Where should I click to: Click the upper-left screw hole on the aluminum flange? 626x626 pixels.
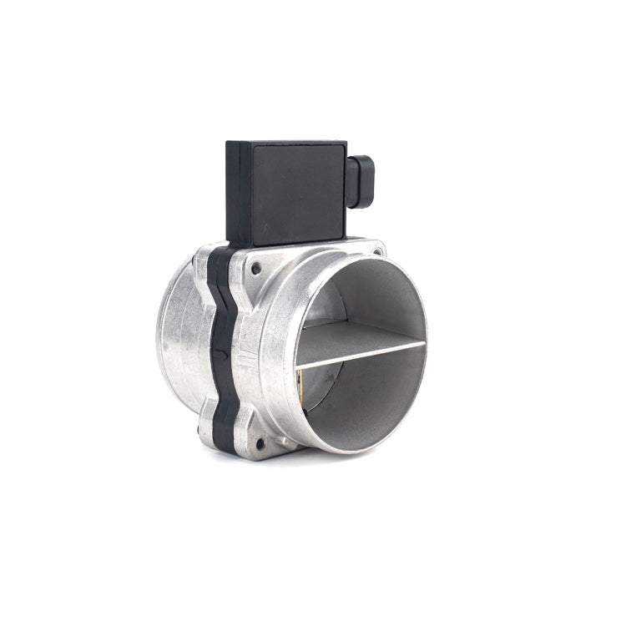(255, 267)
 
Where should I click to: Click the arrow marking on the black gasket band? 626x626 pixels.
(220, 354)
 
